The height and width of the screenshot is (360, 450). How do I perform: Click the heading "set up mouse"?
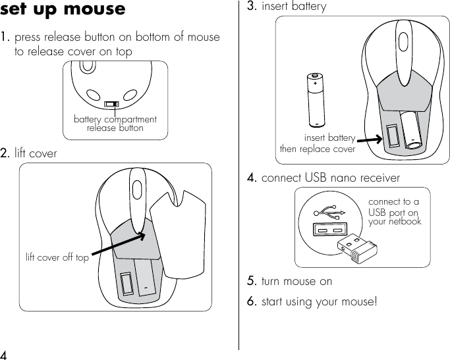click(63, 11)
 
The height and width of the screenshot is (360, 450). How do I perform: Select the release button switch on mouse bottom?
click(113, 104)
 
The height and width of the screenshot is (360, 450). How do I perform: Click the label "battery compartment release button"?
click(115, 124)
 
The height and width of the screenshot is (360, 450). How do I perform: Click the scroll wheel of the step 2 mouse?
click(136, 187)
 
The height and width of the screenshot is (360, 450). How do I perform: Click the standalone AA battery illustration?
click(316, 100)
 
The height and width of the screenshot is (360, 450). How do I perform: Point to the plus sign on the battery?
click(316, 84)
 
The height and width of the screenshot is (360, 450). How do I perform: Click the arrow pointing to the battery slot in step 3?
click(371, 139)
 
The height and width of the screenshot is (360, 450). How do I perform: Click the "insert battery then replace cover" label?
click(318, 143)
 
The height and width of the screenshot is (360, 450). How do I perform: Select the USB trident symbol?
click(330, 213)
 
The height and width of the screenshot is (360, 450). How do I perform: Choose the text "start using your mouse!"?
click(320, 302)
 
